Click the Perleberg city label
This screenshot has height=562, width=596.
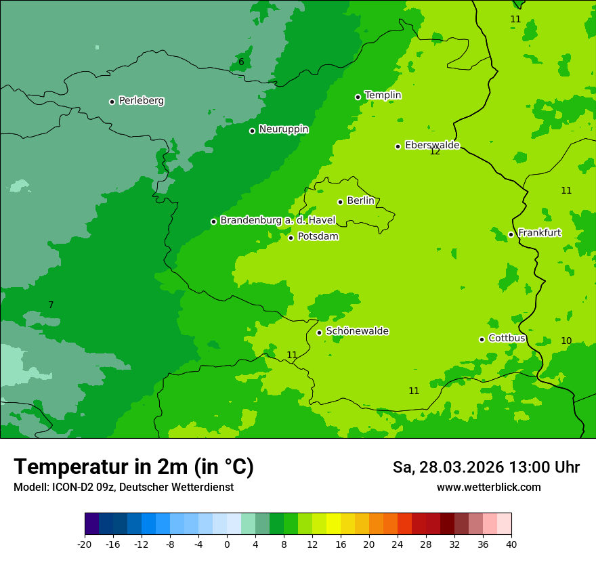141,101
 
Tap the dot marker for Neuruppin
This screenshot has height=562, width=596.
252,131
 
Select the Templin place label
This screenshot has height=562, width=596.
383,95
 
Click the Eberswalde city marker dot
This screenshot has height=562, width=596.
398,146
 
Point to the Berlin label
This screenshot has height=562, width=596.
360,201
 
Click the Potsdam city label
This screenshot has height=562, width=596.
318,237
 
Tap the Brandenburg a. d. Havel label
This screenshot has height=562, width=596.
278,221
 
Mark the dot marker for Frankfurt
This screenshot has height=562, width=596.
511,235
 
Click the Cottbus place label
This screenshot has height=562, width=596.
507,339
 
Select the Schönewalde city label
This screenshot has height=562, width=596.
357,331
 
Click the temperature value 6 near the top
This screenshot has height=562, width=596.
241,62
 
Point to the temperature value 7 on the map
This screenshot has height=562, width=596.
51,305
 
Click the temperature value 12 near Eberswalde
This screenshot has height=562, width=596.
435,152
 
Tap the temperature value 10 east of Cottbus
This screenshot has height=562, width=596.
566,341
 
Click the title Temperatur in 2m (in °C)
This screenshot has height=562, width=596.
133,467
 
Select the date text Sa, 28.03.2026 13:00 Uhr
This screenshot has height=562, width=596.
486,467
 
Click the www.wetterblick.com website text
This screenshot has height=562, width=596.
488,488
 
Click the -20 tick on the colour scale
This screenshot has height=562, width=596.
85,544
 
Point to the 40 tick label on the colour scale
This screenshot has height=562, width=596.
511,544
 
